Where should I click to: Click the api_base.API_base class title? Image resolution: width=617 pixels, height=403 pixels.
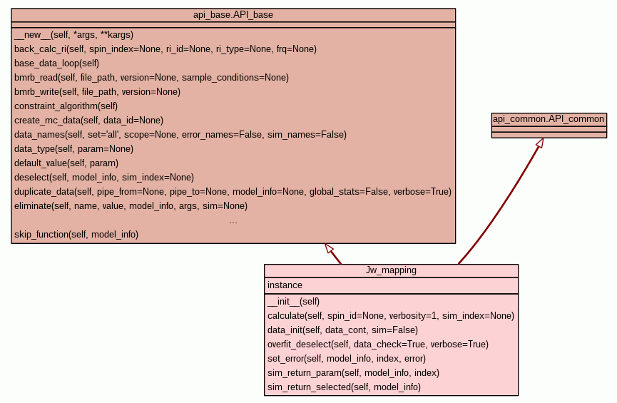pos(233,14)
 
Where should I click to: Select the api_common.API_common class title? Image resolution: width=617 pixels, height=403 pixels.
pos(549,119)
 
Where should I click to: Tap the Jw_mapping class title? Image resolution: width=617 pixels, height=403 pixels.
pos(391,270)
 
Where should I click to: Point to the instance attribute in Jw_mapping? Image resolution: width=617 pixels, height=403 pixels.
pos(285,285)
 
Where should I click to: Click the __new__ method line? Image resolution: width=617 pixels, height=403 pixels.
pos(73,34)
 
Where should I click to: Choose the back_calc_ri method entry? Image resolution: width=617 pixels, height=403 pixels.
pos(165,49)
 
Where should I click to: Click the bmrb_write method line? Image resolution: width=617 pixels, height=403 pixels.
pos(97,91)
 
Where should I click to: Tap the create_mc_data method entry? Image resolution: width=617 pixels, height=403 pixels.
pos(88,120)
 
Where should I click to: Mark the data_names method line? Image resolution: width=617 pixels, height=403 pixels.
pos(180,134)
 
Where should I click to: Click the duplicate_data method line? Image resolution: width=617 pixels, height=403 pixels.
pos(233,191)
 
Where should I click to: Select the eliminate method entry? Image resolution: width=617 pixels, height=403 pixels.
pos(131,205)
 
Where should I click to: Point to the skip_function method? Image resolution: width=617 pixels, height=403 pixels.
pos(76,234)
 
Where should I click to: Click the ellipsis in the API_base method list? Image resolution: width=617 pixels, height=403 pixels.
pos(233,221)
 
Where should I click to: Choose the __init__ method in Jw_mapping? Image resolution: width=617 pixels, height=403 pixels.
pos(293,301)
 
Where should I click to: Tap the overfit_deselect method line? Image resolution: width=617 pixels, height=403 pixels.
pos(377,344)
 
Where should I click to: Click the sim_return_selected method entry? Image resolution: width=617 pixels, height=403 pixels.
pos(344,387)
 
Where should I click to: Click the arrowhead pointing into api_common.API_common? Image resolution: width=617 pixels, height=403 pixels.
pos(540,143)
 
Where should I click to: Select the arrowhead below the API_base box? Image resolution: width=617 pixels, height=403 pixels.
pos(329,248)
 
